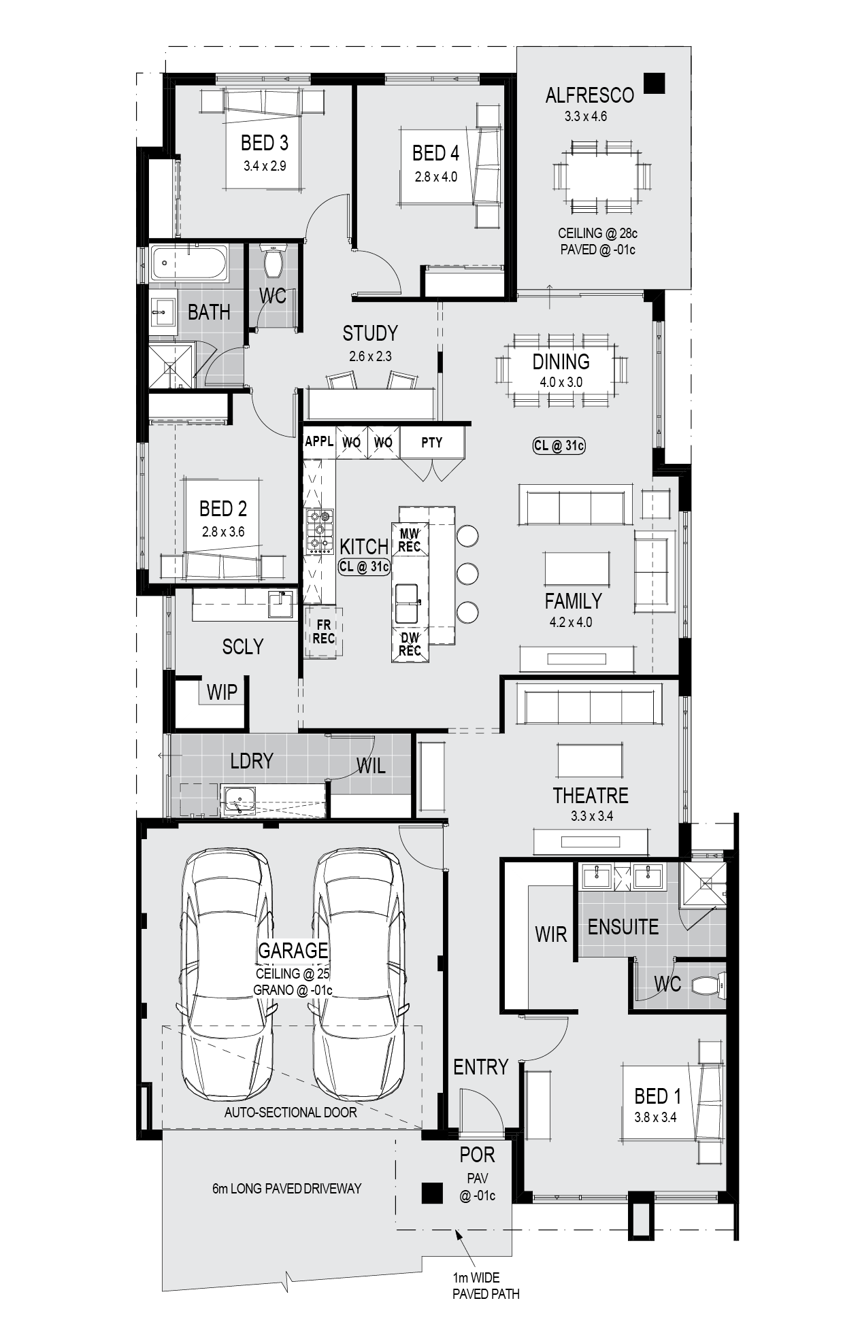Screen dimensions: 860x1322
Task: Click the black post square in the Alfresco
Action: point(655,83)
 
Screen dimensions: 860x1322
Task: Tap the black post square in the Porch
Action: point(431,1193)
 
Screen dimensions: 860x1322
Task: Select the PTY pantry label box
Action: point(432,443)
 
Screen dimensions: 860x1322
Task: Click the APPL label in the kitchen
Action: point(319,441)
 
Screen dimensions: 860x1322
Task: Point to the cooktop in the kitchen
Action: point(319,530)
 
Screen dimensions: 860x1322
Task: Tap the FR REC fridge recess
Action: point(323,632)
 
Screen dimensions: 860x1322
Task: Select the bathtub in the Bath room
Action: point(189,262)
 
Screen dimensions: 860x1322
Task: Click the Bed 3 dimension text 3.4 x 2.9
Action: point(265,165)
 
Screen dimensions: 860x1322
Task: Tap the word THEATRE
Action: point(590,795)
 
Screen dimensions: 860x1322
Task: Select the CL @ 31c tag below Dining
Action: point(559,445)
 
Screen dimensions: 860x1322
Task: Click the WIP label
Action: point(222,692)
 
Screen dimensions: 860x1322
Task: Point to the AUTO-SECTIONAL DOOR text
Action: point(291,1113)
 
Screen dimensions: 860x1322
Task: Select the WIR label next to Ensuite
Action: point(550,934)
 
